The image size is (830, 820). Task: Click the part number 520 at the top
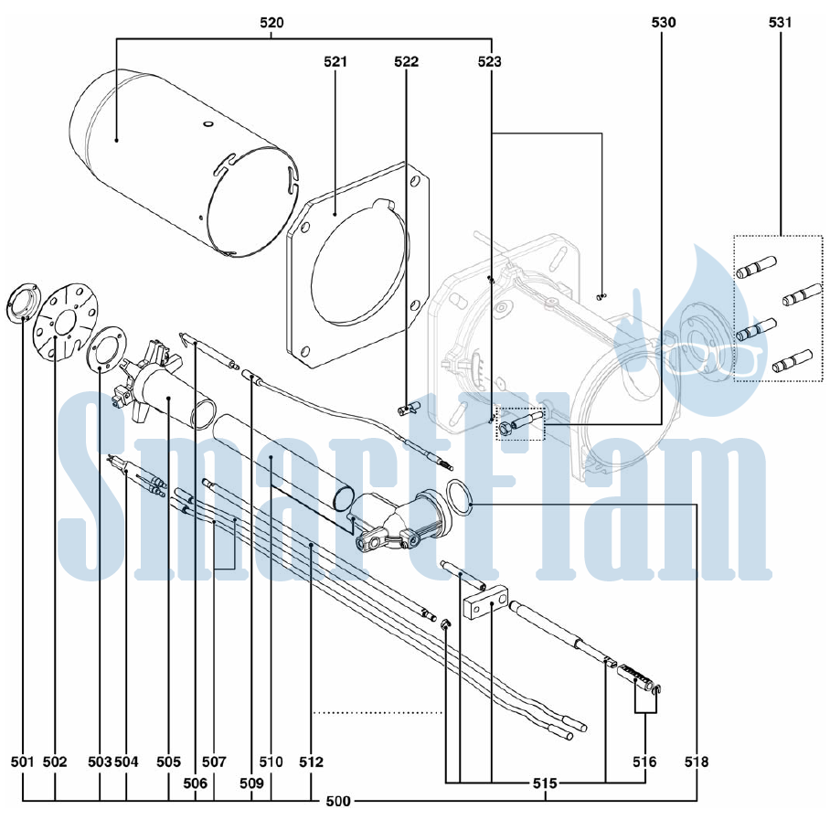[271, 23]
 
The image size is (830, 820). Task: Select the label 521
[335, 62]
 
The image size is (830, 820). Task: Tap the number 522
[406, 62]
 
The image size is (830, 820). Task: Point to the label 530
[664, 22]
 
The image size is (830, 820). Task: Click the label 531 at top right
[780, 22]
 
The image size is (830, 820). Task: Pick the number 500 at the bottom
[337, 802]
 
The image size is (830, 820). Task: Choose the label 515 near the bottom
[545, 783]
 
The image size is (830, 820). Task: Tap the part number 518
[696, 761]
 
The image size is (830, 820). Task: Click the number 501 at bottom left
[22, 761]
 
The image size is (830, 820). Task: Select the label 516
[644, 761]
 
